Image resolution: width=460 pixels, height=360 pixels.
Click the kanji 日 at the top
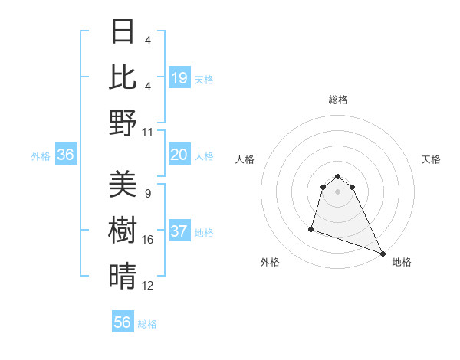click(x=123, y=31)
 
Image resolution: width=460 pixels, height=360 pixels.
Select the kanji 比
click(x=123, y=76)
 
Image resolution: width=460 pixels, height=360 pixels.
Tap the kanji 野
click(x=123, y=123)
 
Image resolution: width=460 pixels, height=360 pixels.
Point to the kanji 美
click(x=123, y=185)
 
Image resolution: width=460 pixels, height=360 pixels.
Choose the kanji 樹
click(x=123, y=231)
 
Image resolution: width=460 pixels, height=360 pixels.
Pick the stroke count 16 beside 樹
click(x=148, y=240)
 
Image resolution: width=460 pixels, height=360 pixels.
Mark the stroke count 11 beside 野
click(x=148, y=132)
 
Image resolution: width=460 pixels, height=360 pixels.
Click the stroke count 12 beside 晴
click(x=148, y=286)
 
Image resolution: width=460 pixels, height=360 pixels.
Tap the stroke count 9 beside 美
click(x=148, y=194)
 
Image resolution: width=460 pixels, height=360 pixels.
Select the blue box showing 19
click(x=179, y=77)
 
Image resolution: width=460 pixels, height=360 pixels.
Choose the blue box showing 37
click(x=179, y=232)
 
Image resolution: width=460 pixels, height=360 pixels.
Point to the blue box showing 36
click(x=66, y=155)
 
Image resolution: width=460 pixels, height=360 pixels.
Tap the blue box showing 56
click(x=123, y=322)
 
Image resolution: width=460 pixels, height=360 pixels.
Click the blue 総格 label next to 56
click(x=147, y=324)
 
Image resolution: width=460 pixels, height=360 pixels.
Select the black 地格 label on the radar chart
click(x=402, y=263)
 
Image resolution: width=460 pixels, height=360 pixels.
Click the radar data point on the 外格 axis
click(x=311, y=228)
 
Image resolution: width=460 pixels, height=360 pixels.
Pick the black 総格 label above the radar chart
click(x=337, y=100)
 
